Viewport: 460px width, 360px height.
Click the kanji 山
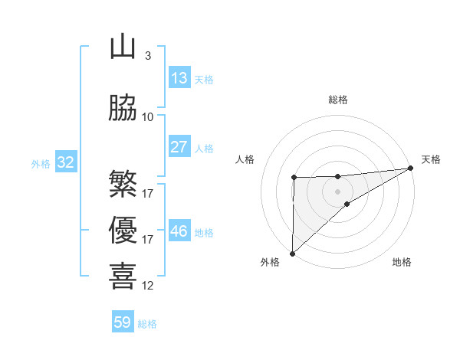coord(123,47)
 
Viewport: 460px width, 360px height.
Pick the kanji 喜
coord(123,277)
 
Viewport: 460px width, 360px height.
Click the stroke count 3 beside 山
coord(147,56)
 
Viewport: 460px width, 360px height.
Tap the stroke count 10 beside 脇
coord(148,117)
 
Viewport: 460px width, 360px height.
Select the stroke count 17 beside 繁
coord(148,193)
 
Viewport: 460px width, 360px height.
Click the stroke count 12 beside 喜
coord(148,286)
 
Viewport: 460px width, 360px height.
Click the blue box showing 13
coord(179,78)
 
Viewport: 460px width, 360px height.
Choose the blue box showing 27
coord(179,147)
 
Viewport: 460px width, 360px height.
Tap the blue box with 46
coord(179,231)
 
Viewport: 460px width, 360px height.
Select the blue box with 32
coord(65,162)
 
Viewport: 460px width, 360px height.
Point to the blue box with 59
coord(123,323)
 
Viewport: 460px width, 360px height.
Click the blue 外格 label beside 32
coord(41,163)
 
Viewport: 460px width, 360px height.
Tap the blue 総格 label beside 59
coord(147,324)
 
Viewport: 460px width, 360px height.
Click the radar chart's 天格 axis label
coord(431,159)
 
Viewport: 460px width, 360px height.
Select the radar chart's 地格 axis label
coord(402,262)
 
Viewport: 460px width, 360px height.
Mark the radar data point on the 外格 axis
coord(292,253)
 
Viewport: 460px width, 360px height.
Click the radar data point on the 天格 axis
coord(410,169)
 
